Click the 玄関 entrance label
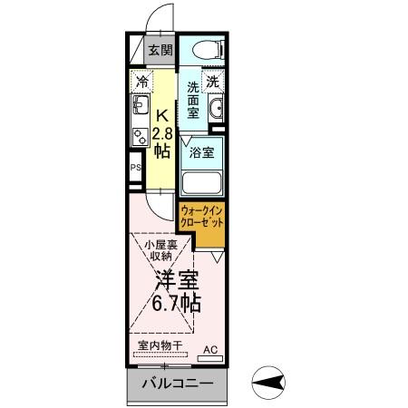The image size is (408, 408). (160, 51)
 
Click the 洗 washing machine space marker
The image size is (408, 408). (211, 82)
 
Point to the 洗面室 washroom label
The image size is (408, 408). (193, 103)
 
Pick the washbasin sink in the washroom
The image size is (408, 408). (216, 112)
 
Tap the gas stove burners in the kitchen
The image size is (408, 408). (140, 137)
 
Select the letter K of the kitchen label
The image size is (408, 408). (161, 116)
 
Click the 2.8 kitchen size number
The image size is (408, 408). (161, 134)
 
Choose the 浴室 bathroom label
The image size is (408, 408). (201, 152)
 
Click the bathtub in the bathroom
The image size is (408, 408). (202, 182)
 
